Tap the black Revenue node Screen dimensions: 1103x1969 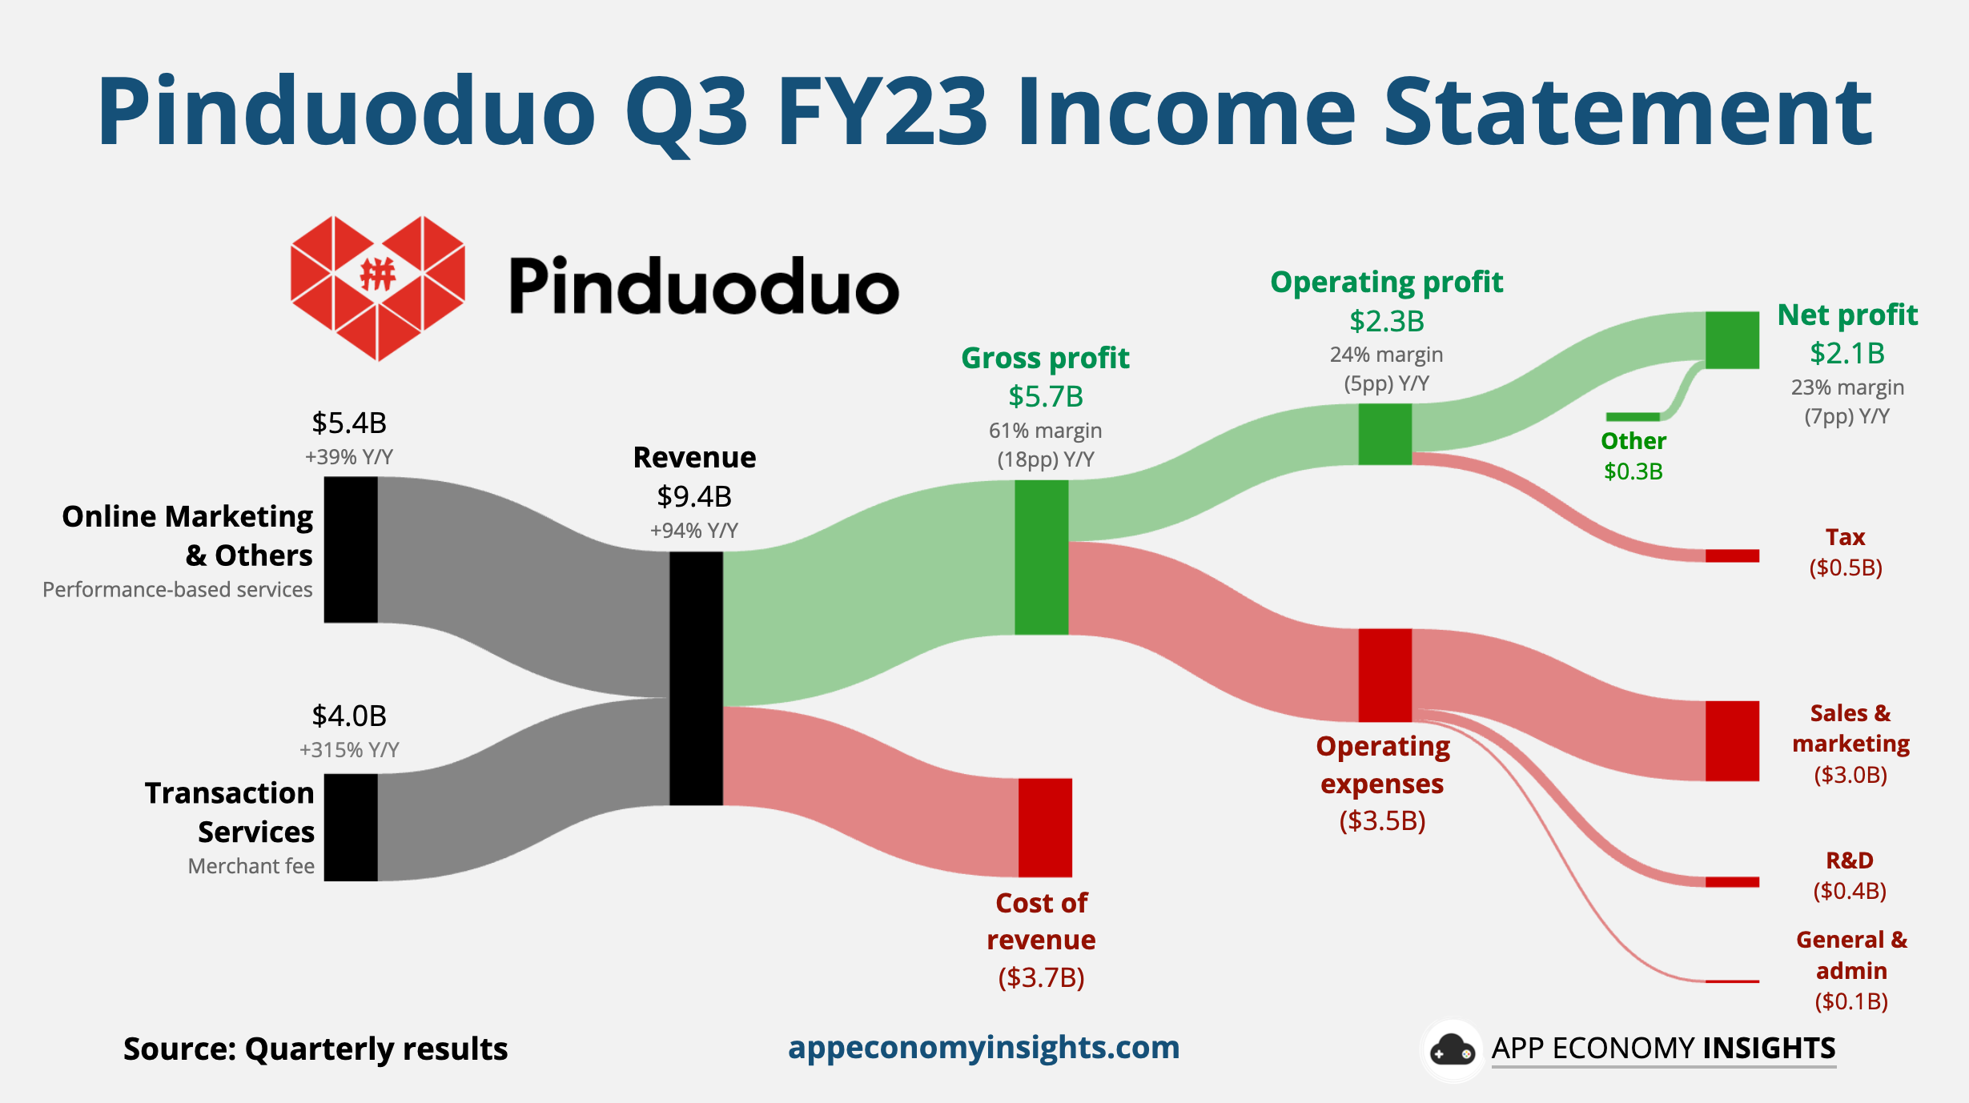pyautogui.click(x=696, y=678)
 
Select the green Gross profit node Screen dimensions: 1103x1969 pyautogui.click(x=1041, y=557)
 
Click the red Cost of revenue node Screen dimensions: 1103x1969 pyautogui.click(x=1045, y=827)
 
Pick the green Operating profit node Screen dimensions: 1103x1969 pyautogui.click(x=1384, y=434)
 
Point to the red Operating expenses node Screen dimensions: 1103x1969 pyautogui.click(x=1384, y=675)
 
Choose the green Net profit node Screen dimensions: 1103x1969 pyautogui.click(x=1732, y=340)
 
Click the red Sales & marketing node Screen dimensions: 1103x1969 pyautogui.click(x=1732, y=740)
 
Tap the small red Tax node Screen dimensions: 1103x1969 pyautogui.click(x=1732, y=556)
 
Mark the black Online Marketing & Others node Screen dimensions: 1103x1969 pyautogui.click(x=351, y=549)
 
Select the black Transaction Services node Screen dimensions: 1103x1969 pyautogui.click(x=351, y=827)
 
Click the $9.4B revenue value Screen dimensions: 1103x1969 pyautogui.click(x=694, y=496)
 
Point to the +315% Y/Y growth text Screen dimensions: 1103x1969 pyautogui.click(x=349, y=750)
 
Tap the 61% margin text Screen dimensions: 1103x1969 pyautogui.click(x=1045, y=431)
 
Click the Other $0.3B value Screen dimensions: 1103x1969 pyautogui.click(x=1633, y=471)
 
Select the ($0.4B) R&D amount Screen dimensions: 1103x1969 pyautogui.click(x=1850, y=891)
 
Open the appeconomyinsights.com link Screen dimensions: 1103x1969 pyautogui.click(x=983, y=1047)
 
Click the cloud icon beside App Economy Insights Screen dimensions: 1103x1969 pyautogui.click(x=1452, y=1050)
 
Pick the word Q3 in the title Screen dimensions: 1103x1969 pyautogui.click(x=685, y=112)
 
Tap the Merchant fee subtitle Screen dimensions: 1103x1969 pyautogui.click(x=251, y=866)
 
